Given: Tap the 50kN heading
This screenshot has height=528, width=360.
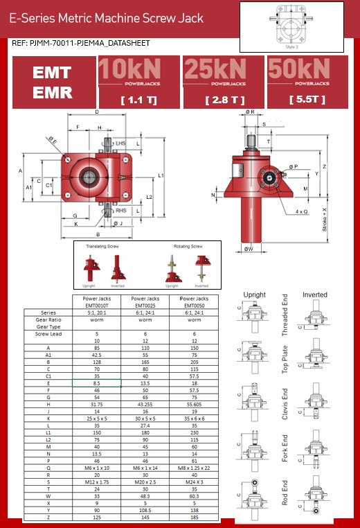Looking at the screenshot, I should click(308, 70).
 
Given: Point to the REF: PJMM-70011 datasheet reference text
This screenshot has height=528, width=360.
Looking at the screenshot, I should click(81, 43).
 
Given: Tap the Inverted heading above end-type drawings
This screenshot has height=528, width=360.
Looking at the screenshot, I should click(315, 294).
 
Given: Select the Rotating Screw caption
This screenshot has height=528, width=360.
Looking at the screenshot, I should click(188, 246).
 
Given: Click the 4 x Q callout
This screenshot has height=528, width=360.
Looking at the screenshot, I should click(300, 211).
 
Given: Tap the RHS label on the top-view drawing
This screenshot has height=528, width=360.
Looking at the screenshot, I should click(120, 211).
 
